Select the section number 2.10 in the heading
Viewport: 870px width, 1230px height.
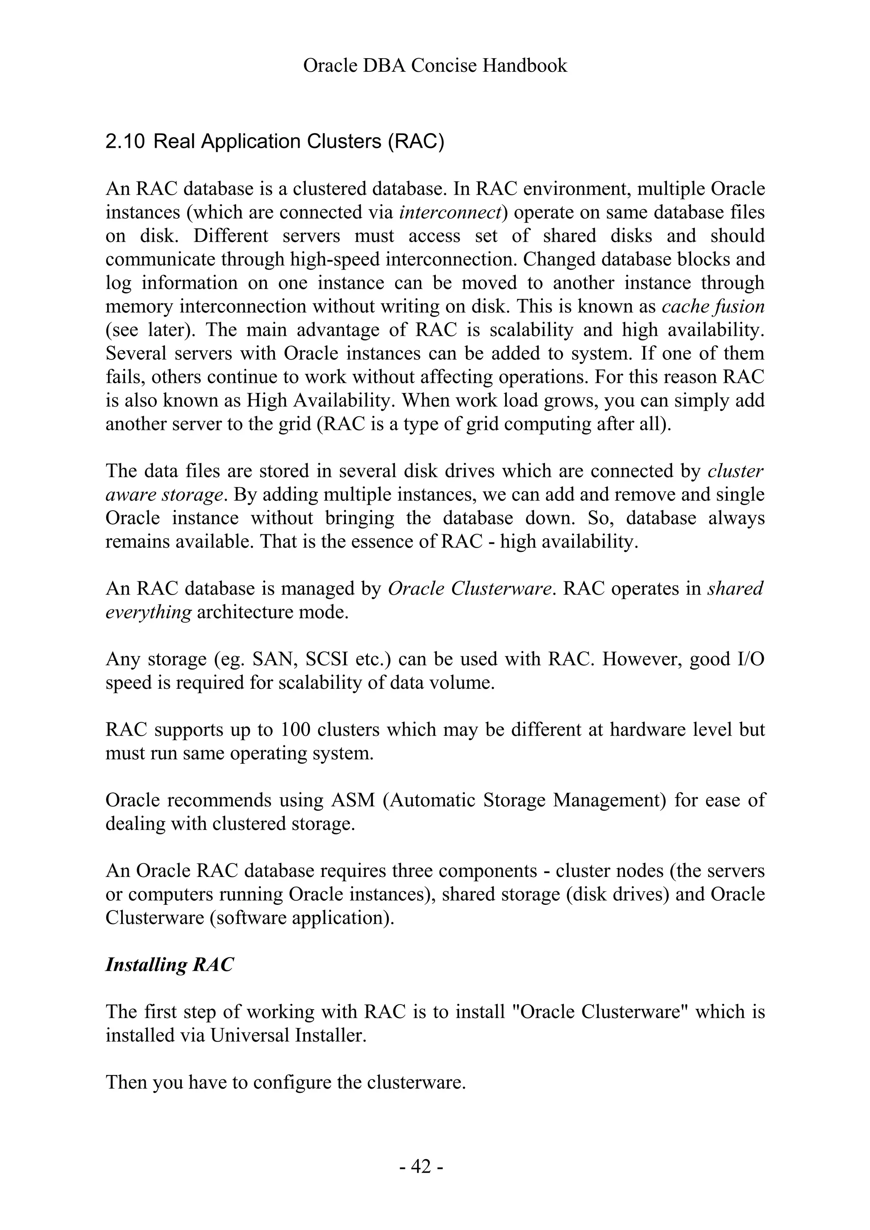tap(125, 142)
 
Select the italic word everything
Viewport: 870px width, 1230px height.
tap(148, 612)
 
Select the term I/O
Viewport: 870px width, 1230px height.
tap(747, 659)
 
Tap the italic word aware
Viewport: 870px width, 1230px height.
tap(127, 494)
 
